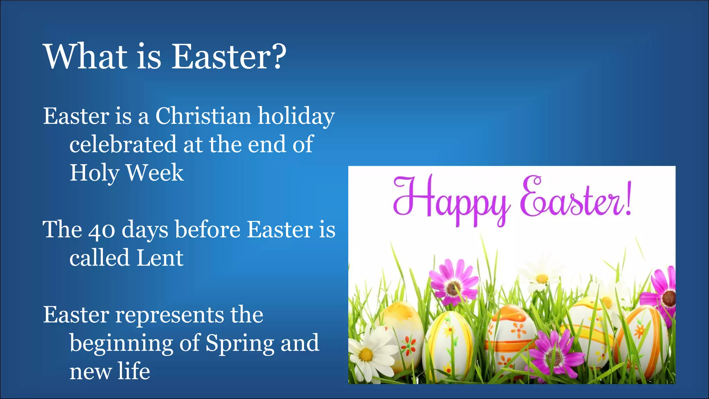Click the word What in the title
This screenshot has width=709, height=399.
86,56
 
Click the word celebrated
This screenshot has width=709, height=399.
123,145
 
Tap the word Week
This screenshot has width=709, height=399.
154,172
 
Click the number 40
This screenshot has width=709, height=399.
101,230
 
